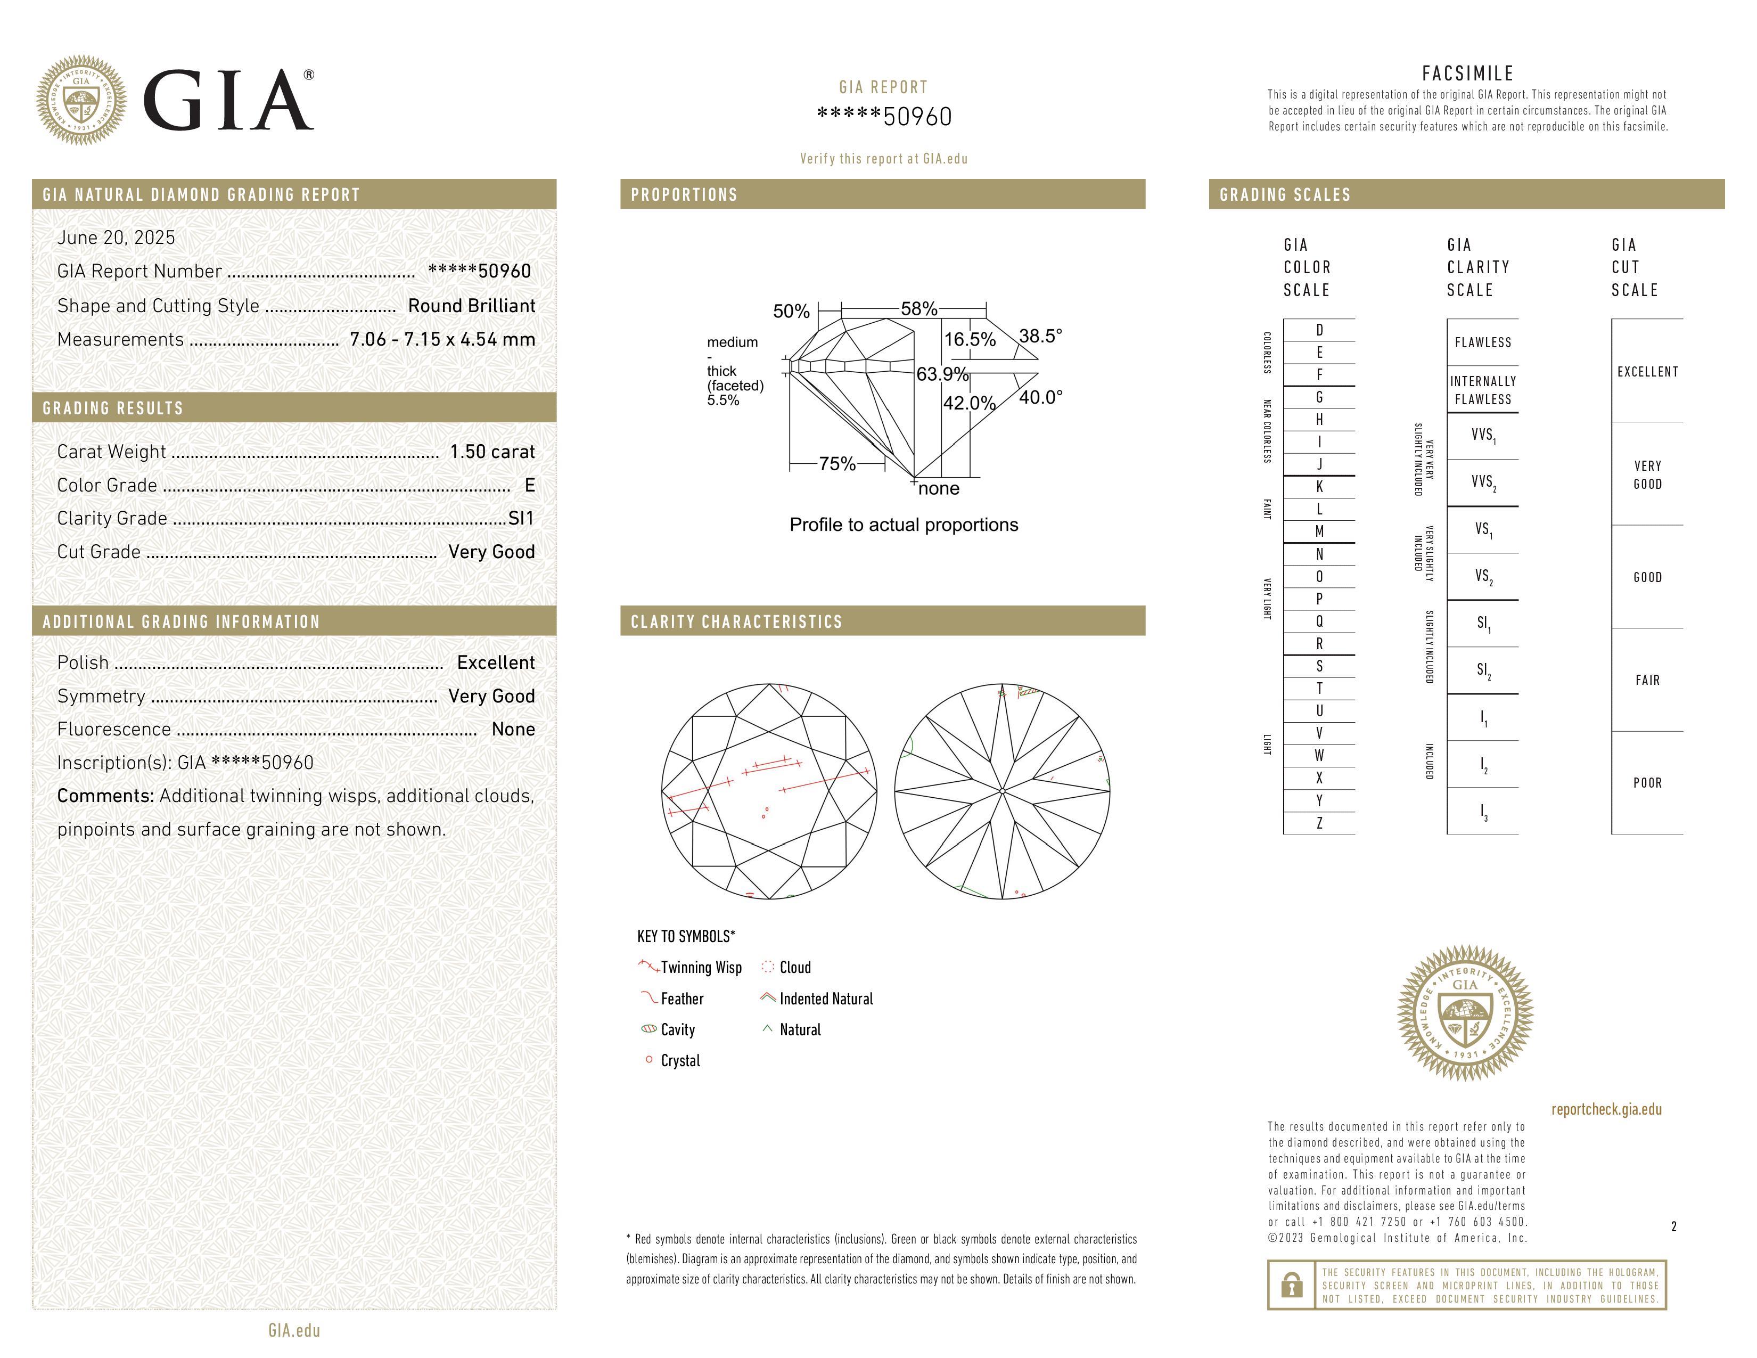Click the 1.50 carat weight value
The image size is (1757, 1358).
(491, 451)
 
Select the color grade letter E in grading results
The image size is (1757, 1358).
(529, 485)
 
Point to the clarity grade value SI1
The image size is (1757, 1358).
(521, 518)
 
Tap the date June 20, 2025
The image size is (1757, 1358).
(116, 238)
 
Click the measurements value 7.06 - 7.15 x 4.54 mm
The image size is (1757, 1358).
(442, 340)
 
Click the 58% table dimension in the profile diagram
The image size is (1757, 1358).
(919, 308)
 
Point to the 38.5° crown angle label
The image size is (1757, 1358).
(1040, 336)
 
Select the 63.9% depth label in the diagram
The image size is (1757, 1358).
(942, 374)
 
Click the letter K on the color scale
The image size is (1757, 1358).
(1319, 487)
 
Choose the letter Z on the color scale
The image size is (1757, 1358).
(1319, 823)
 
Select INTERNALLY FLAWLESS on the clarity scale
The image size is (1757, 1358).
(1483, 390)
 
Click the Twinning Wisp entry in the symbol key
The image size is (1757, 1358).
(700, 967)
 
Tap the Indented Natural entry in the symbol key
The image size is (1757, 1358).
(825, 999)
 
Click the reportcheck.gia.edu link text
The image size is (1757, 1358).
(1606, 1109)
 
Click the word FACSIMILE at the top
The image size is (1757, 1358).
(1467, 73)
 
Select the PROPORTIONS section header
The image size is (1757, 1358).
(684, 195)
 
